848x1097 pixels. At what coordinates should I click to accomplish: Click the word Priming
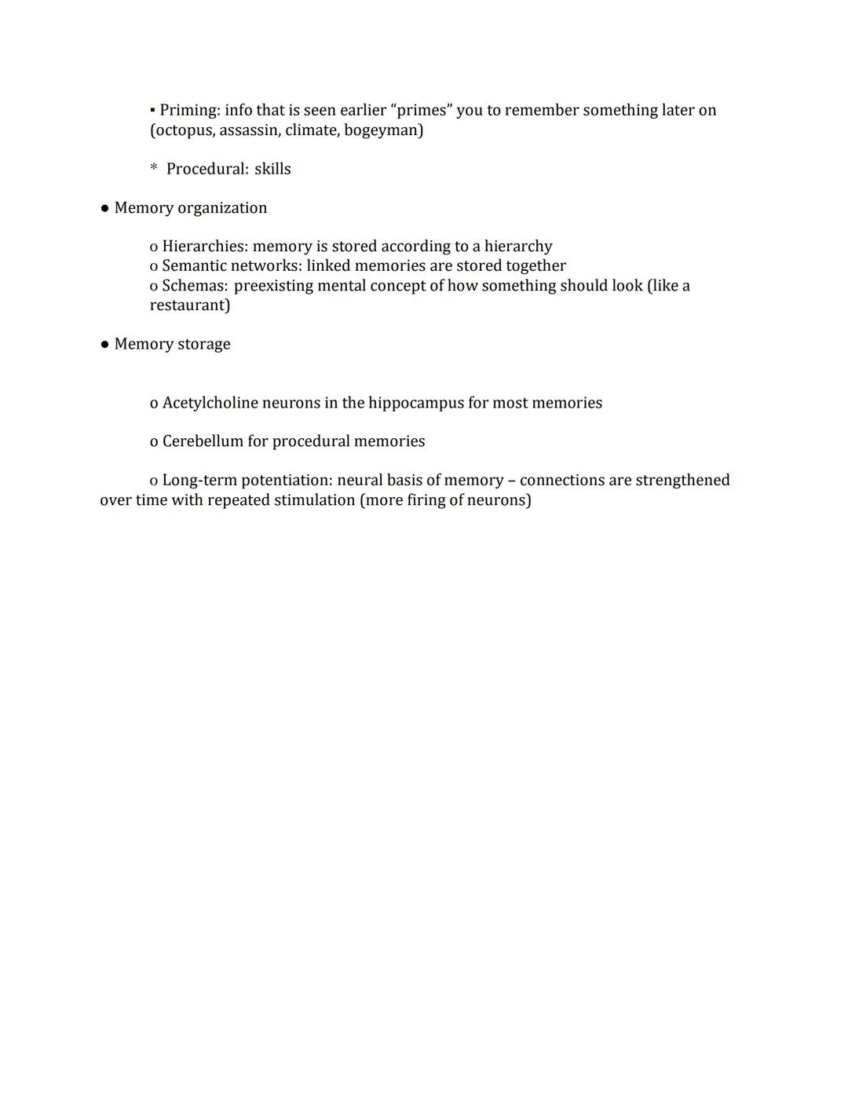188,110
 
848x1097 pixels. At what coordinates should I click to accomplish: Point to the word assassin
248,130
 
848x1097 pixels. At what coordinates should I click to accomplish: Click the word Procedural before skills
207,169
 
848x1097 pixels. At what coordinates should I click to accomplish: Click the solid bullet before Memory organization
104,208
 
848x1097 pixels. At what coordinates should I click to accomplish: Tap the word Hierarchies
204,247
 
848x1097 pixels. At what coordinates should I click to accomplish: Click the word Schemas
194,286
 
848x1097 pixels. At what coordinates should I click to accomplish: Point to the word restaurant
188,305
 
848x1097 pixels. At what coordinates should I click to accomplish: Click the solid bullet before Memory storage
104,344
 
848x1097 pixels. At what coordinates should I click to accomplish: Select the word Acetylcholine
210,403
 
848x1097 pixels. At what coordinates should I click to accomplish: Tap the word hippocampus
416,403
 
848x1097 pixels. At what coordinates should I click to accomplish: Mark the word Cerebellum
203,441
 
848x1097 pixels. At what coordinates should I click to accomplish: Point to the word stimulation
314,500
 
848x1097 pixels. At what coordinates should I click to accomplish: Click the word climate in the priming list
311,130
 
